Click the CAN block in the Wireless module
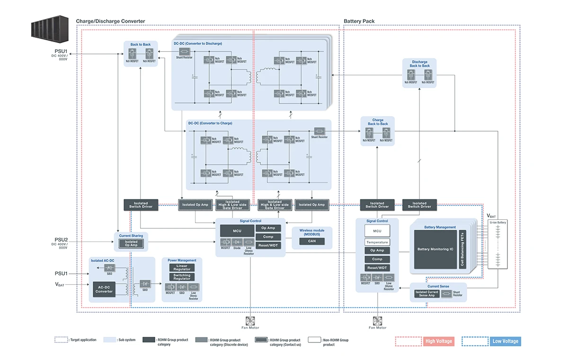click(x=312, y=241)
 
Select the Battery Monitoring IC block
click(x=435, y=249)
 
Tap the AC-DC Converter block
click(x=105, y=289)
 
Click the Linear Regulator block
click(x=182, y=268)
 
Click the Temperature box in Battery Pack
click(x=377, y=242)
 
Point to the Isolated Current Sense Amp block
click(x=427, y=294)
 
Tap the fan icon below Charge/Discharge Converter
click(x=250, y=320)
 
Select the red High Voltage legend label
click(x=438, y=341)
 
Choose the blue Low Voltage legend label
click(x=505, y=341)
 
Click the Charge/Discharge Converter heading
click(x=110, y=21)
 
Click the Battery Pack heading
click(x=359, y=21)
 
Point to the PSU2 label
click(x=62, y=240)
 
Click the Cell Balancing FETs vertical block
click(x=462, y=249)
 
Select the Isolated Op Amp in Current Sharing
click(x=131, y=243)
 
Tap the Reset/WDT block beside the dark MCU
click(x=268, y=245)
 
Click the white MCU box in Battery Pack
click(x=377, y=231)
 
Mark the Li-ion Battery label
click(x=498, y=222)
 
